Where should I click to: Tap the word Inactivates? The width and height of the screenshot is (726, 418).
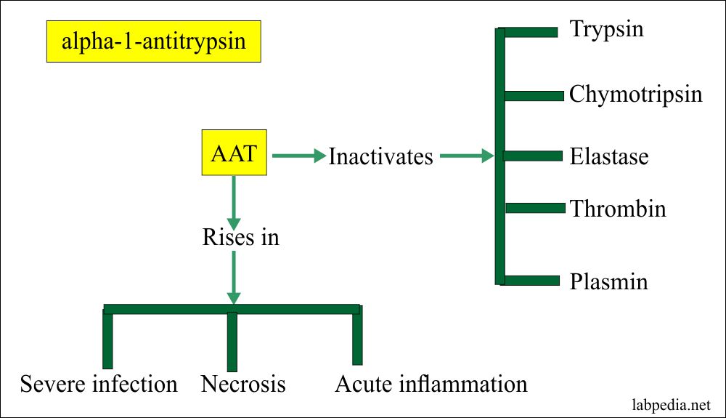[380, 156]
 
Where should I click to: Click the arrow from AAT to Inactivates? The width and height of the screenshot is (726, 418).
[298, 156]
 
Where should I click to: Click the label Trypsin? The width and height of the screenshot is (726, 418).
[606, 30]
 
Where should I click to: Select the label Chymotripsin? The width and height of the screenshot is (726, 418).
[636, 95]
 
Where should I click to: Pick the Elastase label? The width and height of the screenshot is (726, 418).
[608, 156]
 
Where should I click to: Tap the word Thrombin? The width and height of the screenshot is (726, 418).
[618, 209]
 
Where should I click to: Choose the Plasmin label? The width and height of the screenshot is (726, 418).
[608, 281]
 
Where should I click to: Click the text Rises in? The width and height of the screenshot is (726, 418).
[240, 237]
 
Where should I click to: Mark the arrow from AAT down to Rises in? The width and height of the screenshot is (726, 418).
[233, 201]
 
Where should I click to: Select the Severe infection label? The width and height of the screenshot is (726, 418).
[99, 384]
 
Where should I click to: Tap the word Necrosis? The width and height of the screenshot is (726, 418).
[243, 384]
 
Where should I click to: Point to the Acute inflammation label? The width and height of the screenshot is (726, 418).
[431, 384]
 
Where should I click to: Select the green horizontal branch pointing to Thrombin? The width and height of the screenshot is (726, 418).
[535, 209]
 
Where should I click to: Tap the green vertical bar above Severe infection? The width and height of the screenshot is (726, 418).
[107, 339]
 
